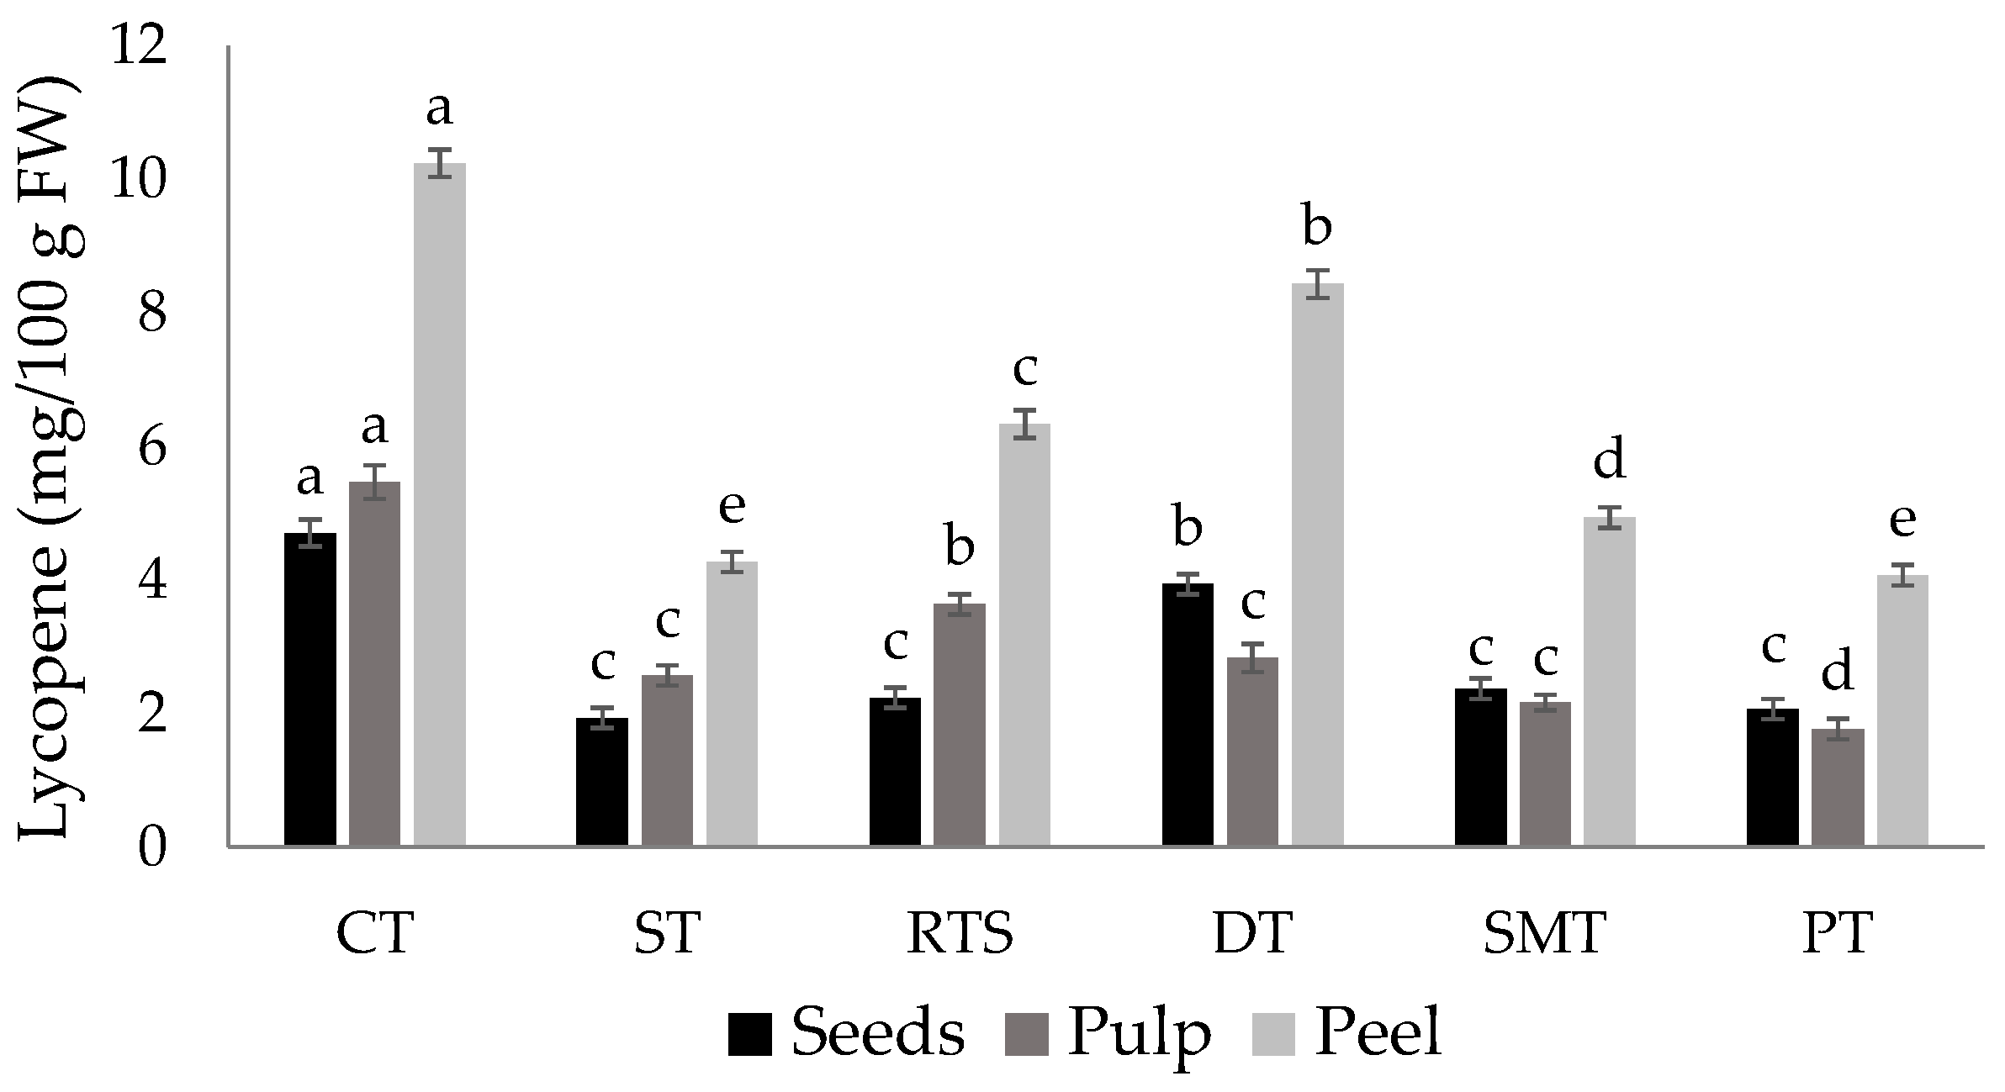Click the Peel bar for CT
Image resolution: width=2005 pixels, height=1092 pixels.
tap(439, 504)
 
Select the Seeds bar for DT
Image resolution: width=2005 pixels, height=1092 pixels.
tap(1187, 715)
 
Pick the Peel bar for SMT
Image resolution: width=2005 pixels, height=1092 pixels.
tap(1609, 682)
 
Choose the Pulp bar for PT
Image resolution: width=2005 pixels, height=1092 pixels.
tap(1837, 787)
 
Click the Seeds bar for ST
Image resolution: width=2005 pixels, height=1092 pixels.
tap(601, 781)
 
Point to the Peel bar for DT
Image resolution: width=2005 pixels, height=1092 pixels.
tap(1317, 564)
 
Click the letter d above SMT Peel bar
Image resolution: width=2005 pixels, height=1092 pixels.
tap(1609, 461)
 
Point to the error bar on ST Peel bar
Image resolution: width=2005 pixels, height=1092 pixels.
tap(732, 562)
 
